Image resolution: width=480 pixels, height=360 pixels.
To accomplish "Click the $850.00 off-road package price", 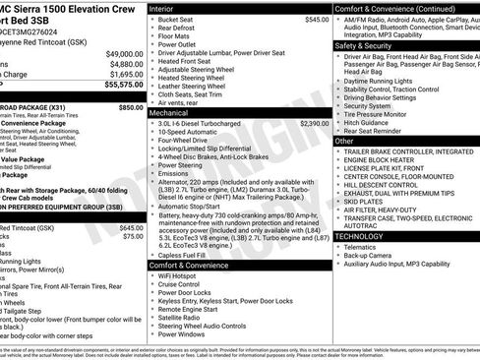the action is tap(131, 106).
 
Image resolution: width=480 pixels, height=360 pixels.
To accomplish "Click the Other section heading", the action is tap(345, 141).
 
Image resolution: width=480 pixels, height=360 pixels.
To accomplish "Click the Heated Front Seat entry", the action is tap(188, 61).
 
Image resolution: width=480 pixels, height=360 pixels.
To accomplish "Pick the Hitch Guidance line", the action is tap(373, 122).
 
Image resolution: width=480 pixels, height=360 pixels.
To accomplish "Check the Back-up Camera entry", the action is tap(371, 255).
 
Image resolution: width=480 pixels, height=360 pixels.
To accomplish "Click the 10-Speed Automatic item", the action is tap(188, 132).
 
